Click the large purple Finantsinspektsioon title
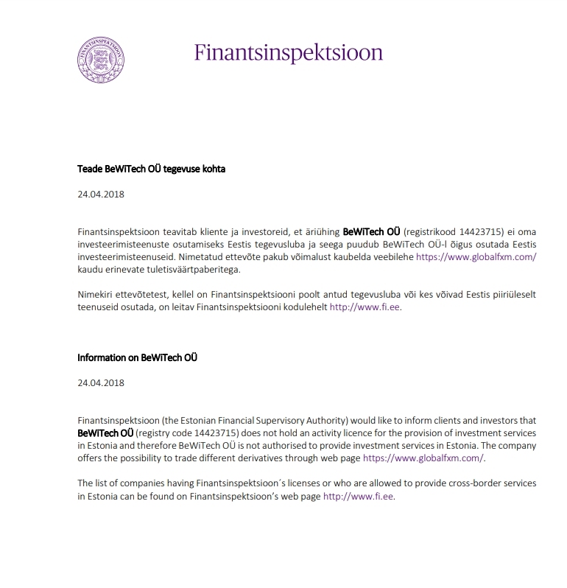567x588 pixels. [289, 53]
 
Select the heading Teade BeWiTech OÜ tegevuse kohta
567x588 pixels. [151, 169]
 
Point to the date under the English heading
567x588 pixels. [100, 382]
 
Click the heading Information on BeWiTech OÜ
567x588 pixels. [137, 358]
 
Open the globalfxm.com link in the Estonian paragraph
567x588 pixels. [476, 256]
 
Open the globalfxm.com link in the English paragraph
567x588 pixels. [423, 458]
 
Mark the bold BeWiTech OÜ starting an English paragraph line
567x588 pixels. [105, 433]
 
